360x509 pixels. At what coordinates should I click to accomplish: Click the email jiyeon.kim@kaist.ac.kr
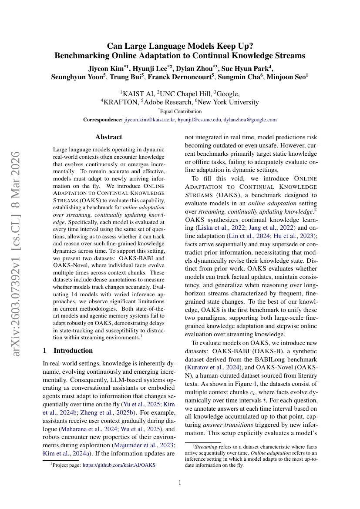(150, 120)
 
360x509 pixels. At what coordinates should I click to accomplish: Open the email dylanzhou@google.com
(250, 120)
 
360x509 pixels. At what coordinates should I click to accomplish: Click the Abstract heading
(108, 137)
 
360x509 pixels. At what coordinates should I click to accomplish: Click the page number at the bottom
(180, 482)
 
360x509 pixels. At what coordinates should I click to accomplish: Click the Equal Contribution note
(181, 111)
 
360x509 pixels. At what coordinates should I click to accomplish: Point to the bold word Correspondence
(103, 120)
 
